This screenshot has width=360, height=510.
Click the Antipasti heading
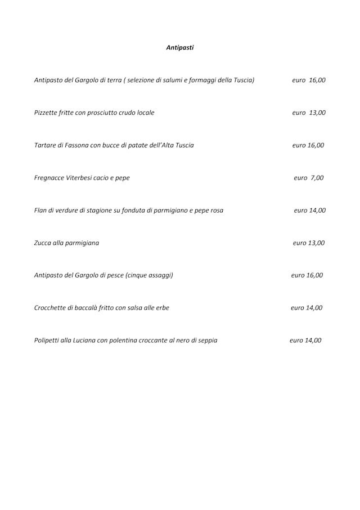pos(180,48)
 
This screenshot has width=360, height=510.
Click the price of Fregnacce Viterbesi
pos(309,178)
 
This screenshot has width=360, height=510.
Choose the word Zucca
pos(43,243)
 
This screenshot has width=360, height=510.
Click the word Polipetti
pos(48,341)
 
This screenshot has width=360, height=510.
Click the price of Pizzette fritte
pos(309,113)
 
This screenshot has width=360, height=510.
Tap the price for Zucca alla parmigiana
pos(309,243)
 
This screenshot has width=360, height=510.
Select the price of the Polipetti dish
pos(305,341)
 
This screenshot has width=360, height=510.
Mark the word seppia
pos(206,341)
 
